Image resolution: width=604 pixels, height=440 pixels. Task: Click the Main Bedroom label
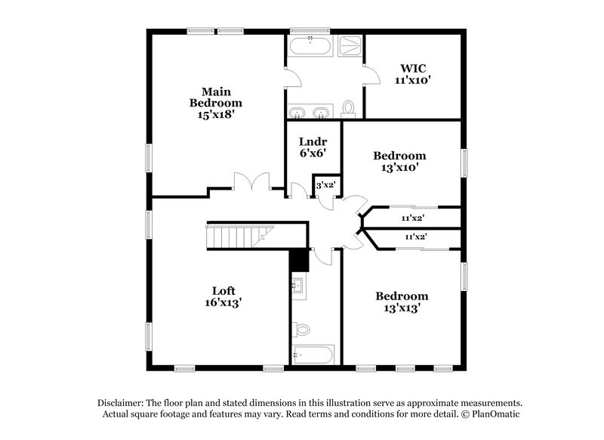pyautogui.click(x=215, y=98)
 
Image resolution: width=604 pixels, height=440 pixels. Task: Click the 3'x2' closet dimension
pyautogui.click(x=325, y=184)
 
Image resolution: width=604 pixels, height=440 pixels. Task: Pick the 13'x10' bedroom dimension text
pyautogui.click(x=399, y=168)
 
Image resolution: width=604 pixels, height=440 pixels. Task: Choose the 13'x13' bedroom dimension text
pyautogui.click(x=402, y=308)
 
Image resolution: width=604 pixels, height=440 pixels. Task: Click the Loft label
pyautogui.click(x=223, y=289)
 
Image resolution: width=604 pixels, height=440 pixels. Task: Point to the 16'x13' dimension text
pyautogui.click(x=223, y=301)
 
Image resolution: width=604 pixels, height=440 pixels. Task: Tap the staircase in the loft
pyautogui.click(x=236, y=237)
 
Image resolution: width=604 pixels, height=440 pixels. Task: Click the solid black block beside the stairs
pyautogui.click(x=300, y=259)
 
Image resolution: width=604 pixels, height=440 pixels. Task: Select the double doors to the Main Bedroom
pyautogui.click(x=251, y=183)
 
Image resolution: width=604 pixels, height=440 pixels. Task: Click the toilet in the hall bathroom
pyautogui.click(x=301, y=329)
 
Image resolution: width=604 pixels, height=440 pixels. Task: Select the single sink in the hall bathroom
pyautogui.click(x=297, y=286)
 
